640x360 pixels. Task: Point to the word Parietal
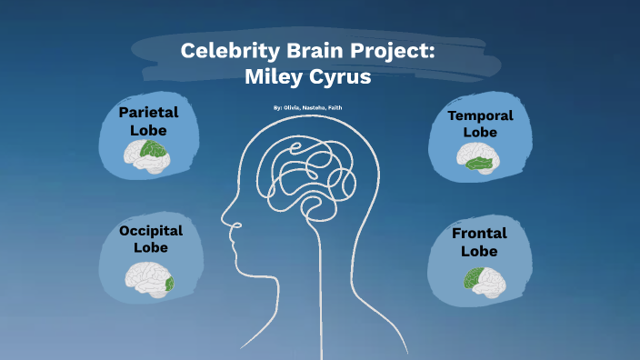[148, 112]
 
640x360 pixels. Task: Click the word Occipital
[151, 231]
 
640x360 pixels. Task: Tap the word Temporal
[480, 115]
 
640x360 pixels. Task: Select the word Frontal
[479, 234]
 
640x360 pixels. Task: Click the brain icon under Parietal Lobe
[146, 159]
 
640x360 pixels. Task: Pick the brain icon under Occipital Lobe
[149, 278]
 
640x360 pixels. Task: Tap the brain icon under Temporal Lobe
[478, 161]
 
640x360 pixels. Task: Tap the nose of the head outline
[223, 224]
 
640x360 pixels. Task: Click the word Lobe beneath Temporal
[480, 132]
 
